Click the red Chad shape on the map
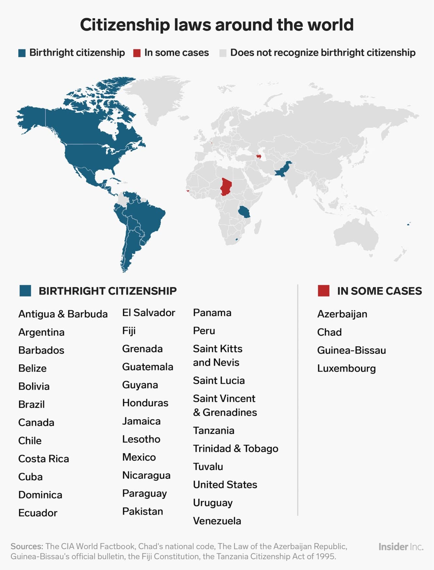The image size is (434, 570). tap(225, 186)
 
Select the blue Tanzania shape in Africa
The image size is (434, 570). tap(244, 212)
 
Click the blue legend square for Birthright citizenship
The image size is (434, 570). tap(22, 53)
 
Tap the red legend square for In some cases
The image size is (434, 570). tap(137, 53)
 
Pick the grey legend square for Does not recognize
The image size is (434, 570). tap(223, 53)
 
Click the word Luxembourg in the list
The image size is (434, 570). tap(346, 368)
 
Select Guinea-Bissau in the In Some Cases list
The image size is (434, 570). tap(351, 350)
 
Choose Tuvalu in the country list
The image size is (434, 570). tap(208, 467)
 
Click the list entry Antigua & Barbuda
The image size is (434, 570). tap(63, 314)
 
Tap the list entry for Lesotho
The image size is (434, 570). tap(141, 439)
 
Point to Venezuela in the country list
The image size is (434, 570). tap(217, 521)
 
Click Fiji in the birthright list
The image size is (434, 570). tap(129, 331)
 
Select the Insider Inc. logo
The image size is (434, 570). tap(401, 547)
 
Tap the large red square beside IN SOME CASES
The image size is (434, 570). tap(323, 291)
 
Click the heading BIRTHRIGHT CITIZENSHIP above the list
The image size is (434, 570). tap(108, 291)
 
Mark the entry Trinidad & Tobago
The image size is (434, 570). tap(236, 448)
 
